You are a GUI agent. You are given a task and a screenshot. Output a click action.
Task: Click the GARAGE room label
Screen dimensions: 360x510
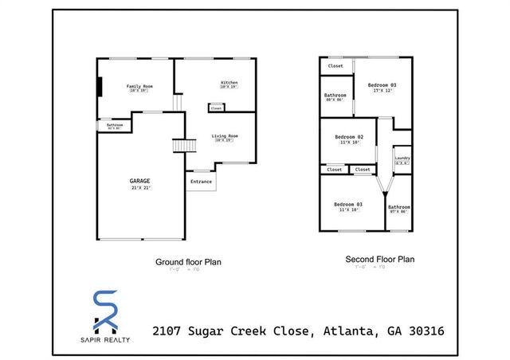139,181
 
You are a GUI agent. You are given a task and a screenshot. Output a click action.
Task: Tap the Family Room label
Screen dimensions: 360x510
140,86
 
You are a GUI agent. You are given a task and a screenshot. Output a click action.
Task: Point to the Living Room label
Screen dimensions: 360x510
225,136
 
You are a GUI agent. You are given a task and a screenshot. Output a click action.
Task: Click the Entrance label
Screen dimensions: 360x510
201,182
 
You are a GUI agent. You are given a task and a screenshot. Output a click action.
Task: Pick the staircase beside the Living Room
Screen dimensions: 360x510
184,147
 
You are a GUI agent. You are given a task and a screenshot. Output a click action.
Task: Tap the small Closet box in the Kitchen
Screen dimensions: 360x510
217,108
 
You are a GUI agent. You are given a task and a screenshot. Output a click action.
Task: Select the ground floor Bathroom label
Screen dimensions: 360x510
115,124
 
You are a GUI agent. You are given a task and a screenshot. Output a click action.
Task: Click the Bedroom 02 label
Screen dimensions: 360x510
349,137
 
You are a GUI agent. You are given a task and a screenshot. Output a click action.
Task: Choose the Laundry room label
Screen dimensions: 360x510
402,158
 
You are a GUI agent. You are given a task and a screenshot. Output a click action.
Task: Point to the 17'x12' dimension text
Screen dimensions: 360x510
382,90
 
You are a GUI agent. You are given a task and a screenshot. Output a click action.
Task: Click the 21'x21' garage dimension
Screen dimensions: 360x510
139,188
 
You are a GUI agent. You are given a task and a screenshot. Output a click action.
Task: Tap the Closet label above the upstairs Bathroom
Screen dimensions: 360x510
335,66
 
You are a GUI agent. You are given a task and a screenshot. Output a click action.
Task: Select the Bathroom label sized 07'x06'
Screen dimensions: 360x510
398,207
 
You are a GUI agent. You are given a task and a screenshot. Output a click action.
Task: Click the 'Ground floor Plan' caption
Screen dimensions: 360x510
188,261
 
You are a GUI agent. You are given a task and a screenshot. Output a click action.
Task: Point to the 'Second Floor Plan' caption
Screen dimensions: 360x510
379,259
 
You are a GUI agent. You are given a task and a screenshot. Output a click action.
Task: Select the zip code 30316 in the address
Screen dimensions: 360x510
422,330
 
